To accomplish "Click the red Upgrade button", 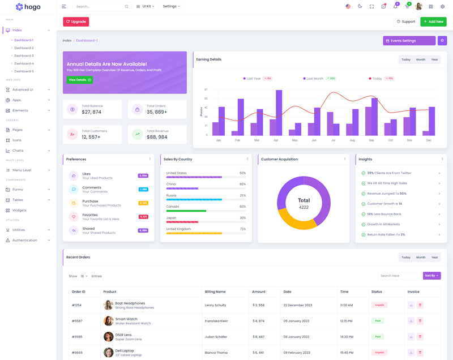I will click(76, 22).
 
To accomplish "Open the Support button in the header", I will click(405, 22).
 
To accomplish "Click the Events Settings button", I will click(409, 41).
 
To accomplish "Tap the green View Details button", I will click(80, 80).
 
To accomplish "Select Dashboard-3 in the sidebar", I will click(24, 55).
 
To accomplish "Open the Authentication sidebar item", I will click(24, 240).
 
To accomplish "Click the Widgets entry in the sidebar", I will click(19, 210).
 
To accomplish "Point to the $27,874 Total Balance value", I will click(92, 112).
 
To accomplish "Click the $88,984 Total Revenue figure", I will click(157, 137).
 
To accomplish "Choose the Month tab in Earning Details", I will click(421, 59).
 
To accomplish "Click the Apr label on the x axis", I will click(276, 140).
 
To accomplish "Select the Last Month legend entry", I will click(315, 79).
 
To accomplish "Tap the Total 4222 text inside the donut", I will click(304, 203).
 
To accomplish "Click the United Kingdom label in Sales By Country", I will click(180, 229).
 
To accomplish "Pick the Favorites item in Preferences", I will click(90, 215).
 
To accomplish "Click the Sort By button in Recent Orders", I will click(431, 276).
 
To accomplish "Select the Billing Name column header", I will click(215, 292).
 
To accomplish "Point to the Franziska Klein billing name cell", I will click(216, 321).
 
